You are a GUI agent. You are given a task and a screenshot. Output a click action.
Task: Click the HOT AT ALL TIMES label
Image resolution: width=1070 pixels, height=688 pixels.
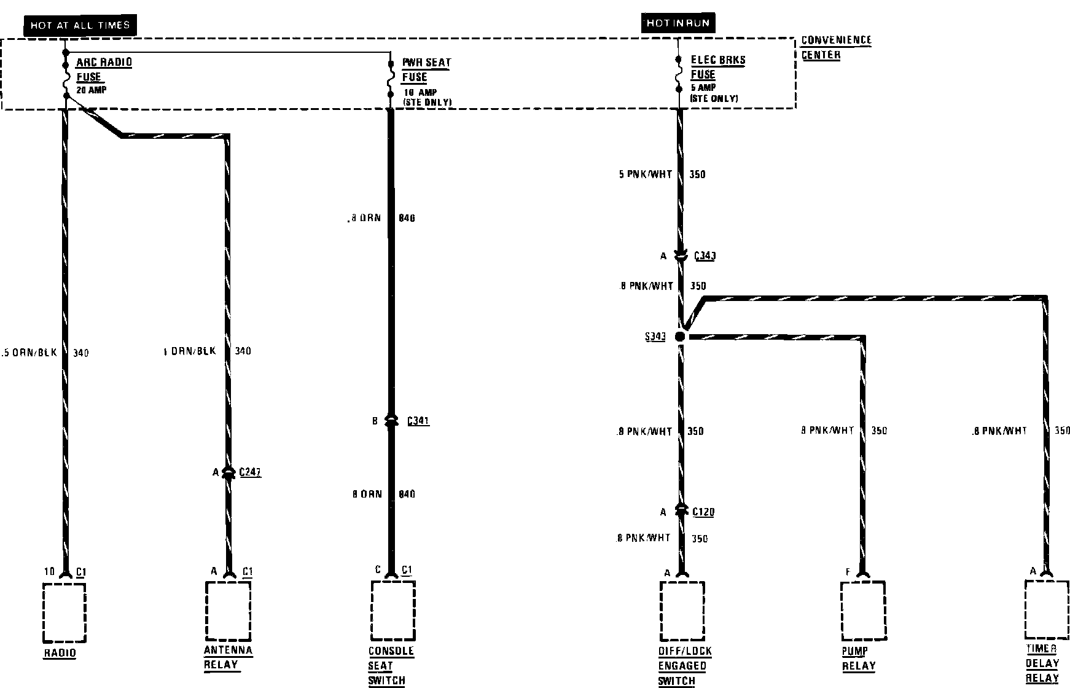pos(80,25)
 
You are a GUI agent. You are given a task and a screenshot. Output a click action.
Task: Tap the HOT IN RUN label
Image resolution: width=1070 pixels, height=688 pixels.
pos(678,23)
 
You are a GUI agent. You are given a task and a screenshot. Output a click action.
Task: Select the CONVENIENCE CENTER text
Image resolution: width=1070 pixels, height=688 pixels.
pos(836,47)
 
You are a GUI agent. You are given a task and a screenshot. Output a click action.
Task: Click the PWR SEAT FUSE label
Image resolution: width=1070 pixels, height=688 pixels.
pos(426,69)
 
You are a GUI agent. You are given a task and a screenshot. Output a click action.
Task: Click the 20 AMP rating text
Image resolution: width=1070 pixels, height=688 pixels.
pos(92,90)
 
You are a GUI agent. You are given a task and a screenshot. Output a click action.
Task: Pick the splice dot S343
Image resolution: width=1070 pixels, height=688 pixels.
pos(679,337)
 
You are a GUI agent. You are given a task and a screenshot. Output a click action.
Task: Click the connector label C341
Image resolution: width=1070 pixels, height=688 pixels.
pos(418,421)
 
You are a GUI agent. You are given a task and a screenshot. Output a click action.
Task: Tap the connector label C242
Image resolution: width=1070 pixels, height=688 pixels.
pos(250,472)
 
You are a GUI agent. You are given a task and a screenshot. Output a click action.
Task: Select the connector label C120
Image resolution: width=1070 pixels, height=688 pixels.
pos(703,512)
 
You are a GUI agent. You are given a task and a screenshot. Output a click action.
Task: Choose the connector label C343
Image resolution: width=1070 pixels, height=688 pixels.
pos(705,256)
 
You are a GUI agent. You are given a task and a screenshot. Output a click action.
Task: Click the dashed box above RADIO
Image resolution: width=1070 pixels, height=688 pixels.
pos(64,612)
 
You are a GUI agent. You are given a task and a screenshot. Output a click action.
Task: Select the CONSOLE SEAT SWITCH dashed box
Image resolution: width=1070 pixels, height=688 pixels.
pos(393,611)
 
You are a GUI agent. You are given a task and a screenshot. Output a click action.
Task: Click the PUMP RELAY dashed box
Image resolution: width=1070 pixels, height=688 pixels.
pos(863,611)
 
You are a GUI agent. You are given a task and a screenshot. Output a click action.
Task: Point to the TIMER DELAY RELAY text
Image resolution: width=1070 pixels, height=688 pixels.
pos(1042,663)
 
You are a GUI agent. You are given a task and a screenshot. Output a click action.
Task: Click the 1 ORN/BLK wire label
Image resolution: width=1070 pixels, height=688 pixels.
pos(190,351)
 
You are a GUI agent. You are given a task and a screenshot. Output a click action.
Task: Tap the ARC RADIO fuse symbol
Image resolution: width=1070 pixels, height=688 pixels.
pos(64,79)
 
